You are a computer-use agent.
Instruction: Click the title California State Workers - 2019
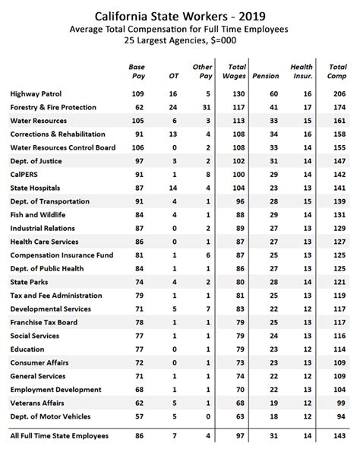pyautogui.click(x=180, y=14)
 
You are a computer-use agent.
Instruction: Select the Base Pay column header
pyautogui.click(x=137, y=71)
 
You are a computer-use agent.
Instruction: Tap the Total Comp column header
pyautogui.click(x=338, y=71)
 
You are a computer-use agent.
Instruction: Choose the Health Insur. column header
pyautogui.click(x=302, y=71)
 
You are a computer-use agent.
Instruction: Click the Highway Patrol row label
pyautogui.click(x=36, y=93)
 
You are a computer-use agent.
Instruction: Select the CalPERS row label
pyautogui.click(x=27, y=175)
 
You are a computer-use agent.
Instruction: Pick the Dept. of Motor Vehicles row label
pyautogui.click(x=50, y=417)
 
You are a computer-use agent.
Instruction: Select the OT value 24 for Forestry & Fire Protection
pyautogui.click(x=174, y=107)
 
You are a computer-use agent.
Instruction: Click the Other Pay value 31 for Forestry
pyautogui.click(x=207, y=107)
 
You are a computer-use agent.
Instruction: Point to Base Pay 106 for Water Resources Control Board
pyautogui.click(x=138, y=148)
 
